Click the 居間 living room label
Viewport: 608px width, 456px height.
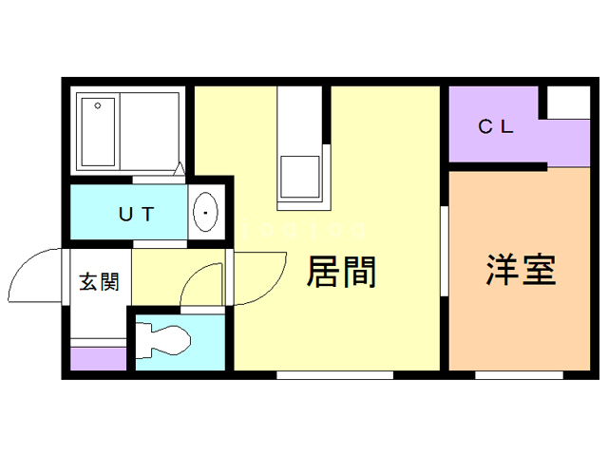pyautogui.click(x=342, y=273)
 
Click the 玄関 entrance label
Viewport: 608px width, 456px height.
pyautogui.click(x=99, y=282)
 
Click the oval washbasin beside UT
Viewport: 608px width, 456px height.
pyautogui.click(x=205, y=213)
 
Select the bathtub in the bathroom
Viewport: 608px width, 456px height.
pyautogui.click(x=97, y=130)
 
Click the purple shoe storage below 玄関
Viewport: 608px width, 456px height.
pyautogui.click(x=99, y=359)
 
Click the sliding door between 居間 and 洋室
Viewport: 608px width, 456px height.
pyautogui.click(x=445, y=252)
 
